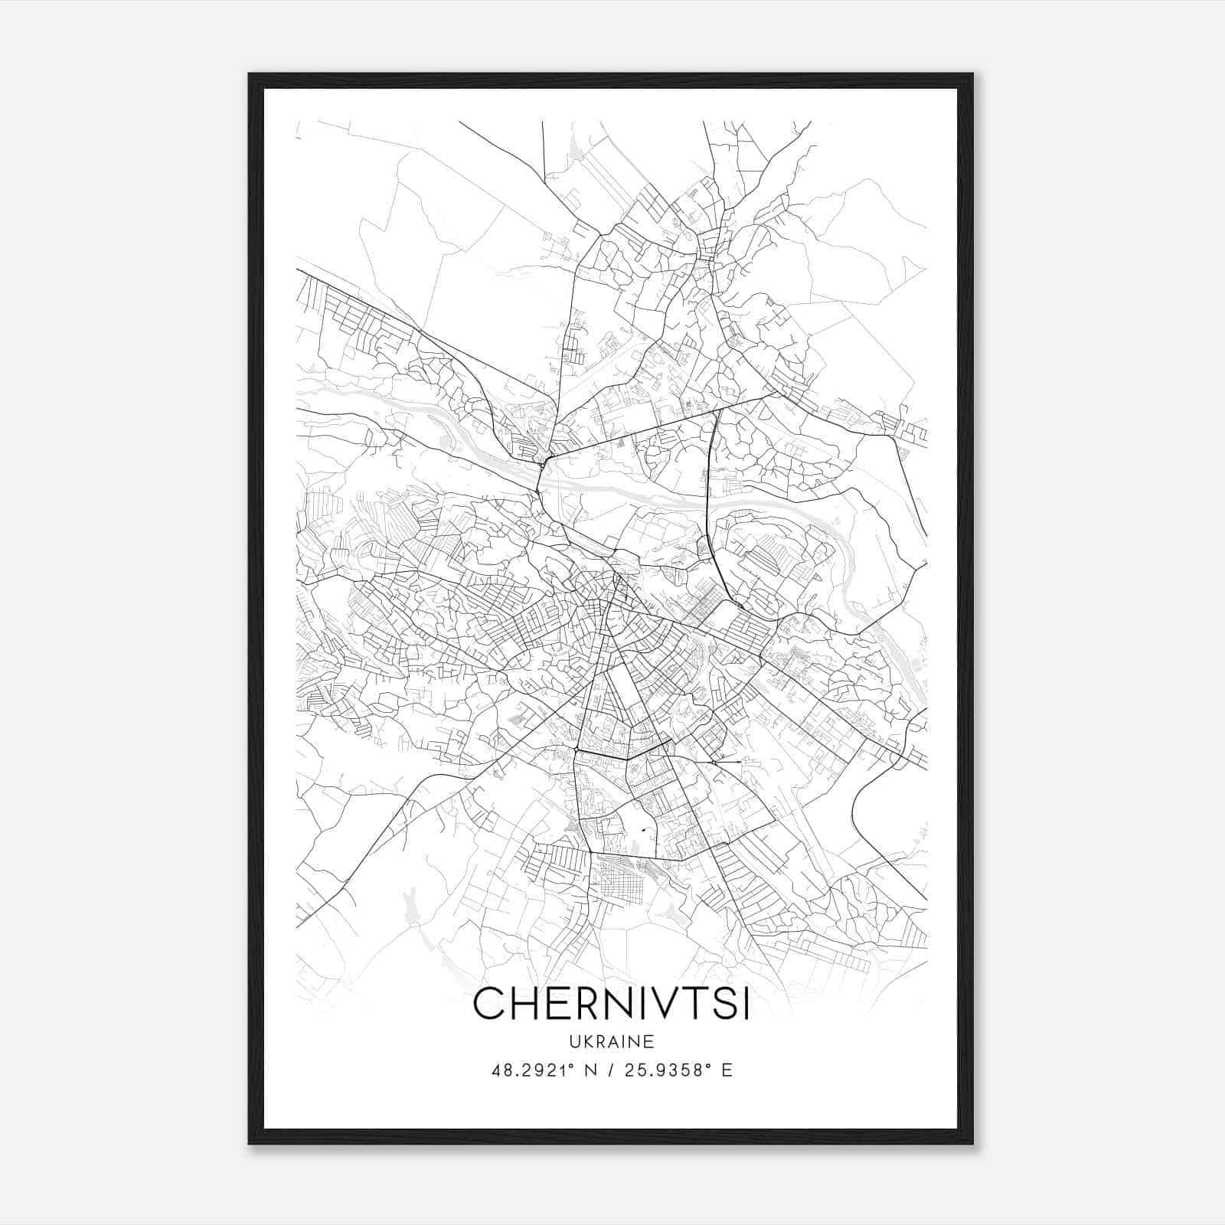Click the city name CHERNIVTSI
(x=611, y=1004)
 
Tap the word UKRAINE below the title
(x=611, y=1041)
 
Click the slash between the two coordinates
(x=610, y=1070)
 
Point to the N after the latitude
(x=590, y=1070)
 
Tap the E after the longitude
(x=727, y=1070)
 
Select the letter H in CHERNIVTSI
(x=528, y=1004)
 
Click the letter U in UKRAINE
(x=573, y=1041)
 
